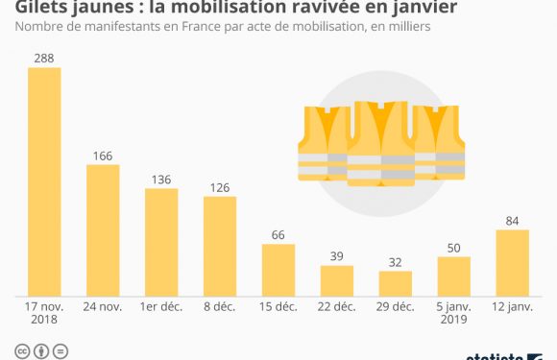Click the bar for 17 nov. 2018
click(44, 181)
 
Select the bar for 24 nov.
click(103, 229)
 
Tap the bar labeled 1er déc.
click(161, 242)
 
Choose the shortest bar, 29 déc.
click(395, 283)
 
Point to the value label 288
click(44, 59)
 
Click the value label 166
click(103, 155)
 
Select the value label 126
click(220, 187)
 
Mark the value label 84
click(512, 220)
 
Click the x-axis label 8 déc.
click(220, 306)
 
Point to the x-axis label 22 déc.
click(337, 306)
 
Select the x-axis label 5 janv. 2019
click(453, 313)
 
